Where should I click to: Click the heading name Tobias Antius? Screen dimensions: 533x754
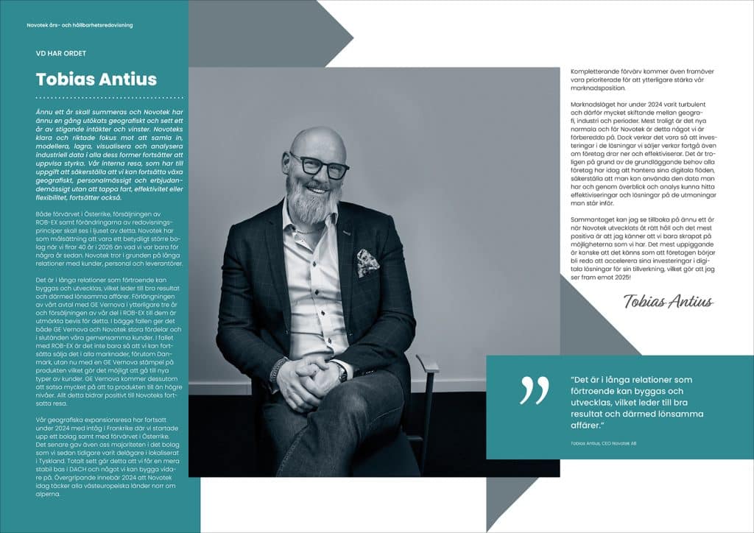pyautogui.click(x=96, y=79)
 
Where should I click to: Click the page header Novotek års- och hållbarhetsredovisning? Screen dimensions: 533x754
pyautogui.click(x=80, y=25)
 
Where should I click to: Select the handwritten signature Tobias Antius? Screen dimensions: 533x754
pyautogui.click(x=668, y=300)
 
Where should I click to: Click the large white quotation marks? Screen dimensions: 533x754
pyautogui.click(x=534, y=389)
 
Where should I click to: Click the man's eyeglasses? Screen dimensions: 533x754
pyautogui.click(x=319, y=165)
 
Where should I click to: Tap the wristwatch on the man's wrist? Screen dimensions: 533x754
pyautogui.click(x=342, y=373)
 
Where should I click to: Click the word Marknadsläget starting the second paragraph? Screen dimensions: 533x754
pyautogui.click(x=596, y=105)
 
